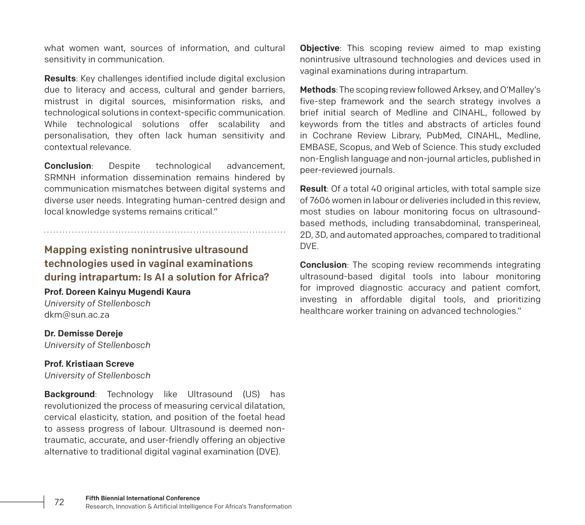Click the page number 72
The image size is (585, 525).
click(x=59, y=502)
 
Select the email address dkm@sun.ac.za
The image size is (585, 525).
click(x=77, y=315)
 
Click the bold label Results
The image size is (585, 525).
click(x=60, y=78)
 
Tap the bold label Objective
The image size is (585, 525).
click(x=319, y=48)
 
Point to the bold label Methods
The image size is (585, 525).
click(x=318, y=90)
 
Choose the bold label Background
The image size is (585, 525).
click(x=69, y=394)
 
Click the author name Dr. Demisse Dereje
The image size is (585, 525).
click(x=83, y=333)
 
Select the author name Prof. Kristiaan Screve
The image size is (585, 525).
click(x=89, y=364)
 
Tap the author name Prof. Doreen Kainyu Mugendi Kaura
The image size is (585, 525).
click(x=117, y=292)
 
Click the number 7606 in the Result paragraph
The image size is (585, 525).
click(x=320, y=200)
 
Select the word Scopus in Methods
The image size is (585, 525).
click(x=352, y=147)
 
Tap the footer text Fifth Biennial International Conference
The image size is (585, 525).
click(x=142, y=498)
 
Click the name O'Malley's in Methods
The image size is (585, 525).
click(x=520, y=90)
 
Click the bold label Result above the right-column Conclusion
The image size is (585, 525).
click(x=313, y=189)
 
